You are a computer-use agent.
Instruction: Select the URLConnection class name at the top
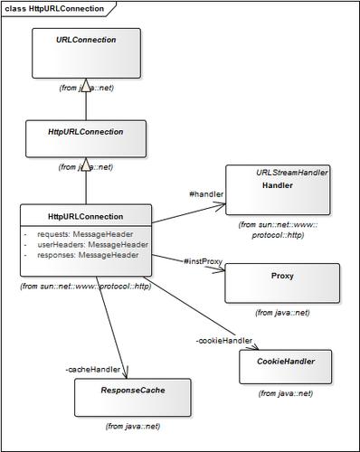click(x=86, y=40)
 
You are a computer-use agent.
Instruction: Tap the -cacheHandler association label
click(x=94, y=369)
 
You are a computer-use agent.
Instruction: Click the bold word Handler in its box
click(x=277, y=184)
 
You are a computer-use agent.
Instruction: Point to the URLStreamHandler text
click(x=291, y=172)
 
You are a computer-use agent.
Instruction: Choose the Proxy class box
click(x=281, y=282)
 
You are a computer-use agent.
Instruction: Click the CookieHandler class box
click(x=291, y=366)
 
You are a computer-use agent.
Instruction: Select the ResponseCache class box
click(x=132, y=396)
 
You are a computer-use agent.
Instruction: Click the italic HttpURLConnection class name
click(x=86, y=130)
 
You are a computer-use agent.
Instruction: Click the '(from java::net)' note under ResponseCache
click(x=132, y=425)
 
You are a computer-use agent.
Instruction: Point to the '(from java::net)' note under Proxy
click(x=281, y=312)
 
